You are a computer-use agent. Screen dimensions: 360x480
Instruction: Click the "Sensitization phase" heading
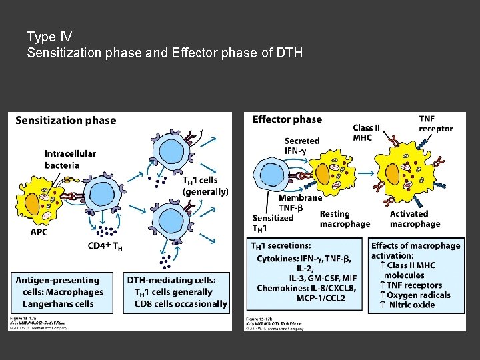coord(65,121)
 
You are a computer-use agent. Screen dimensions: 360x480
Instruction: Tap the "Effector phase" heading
coord(287,120)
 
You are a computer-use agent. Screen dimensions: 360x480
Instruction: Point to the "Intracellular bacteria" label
coord(70,159)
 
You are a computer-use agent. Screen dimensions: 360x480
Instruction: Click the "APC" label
coord(39,232)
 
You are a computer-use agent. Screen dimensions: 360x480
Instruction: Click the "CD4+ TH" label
coord(105,246)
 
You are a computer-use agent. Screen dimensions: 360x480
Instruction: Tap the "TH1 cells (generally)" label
coord(205,185)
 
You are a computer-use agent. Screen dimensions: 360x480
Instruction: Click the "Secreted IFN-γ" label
coord(301,146)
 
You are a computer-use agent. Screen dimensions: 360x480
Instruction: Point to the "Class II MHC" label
coord(367,132)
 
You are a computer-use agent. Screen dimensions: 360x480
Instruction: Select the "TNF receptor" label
coord(436,123)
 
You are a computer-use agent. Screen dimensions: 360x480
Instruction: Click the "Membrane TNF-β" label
coord(300,203)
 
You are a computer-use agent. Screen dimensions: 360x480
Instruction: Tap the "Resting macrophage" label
coord(344,219)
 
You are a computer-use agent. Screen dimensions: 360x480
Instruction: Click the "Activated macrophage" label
coord(415,219)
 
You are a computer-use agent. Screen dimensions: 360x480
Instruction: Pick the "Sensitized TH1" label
coord(273,223)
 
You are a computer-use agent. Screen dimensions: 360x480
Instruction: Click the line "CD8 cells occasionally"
coord(181,303)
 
